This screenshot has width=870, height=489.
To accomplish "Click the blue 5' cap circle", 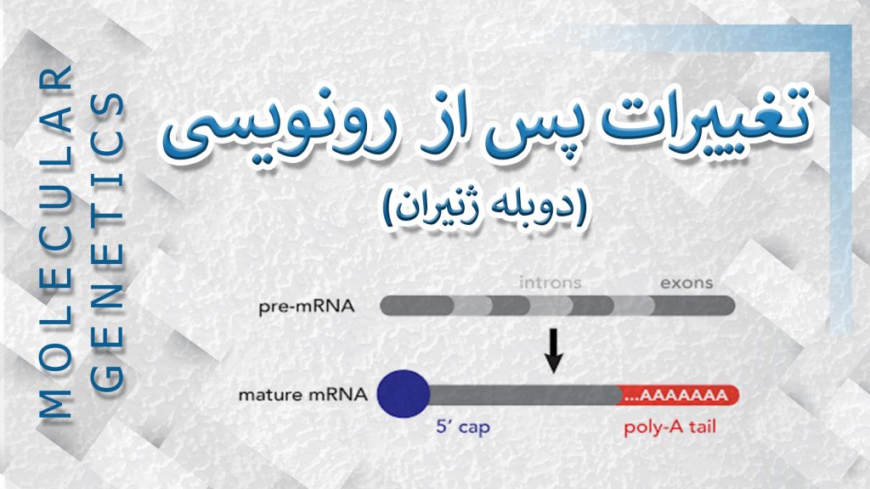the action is click(404, 394).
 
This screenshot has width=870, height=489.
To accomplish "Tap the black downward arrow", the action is click(553, 351).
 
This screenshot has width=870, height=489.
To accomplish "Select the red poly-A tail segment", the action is click(678, 395).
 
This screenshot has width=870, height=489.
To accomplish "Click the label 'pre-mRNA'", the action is click(306, 306).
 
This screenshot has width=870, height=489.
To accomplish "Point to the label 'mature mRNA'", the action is click(303, 395).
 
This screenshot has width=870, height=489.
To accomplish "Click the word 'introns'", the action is click(550, 283).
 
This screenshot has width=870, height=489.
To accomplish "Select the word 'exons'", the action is click(686, 283).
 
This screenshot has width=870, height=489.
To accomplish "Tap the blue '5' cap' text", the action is click(463, 427).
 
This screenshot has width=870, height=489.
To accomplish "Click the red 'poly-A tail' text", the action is click(669, 428).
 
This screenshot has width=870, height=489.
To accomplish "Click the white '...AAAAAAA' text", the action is click(675, 396).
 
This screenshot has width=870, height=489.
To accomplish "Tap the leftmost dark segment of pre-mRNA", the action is click(417, 306).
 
